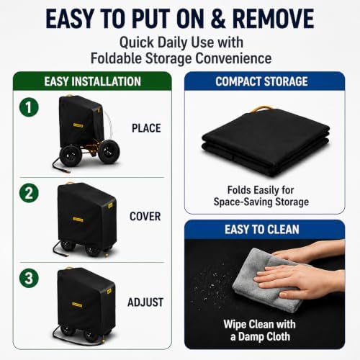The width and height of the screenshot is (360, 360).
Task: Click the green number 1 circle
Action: (29, 107)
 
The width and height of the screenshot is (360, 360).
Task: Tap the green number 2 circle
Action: (29, 193)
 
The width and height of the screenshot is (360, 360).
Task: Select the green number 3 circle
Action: (29, 278)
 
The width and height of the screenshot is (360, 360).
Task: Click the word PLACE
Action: (146, 128)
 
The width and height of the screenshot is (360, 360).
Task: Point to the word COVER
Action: (145, 216)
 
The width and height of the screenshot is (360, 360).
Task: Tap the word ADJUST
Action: (145, 302)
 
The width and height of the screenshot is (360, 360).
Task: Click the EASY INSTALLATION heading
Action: (92, 81)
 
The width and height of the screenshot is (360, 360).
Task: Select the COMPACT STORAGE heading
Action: (261, 81)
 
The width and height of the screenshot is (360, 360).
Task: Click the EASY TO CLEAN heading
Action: (262, 229)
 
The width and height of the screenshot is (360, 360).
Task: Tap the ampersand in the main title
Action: (218, 19)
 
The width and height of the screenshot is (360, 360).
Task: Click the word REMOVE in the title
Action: (273, 19)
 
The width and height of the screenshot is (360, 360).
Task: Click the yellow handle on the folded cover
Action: (260, 109)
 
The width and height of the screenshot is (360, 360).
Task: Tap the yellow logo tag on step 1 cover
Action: (78, 125)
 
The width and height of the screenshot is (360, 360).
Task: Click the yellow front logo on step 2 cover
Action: (78, 220)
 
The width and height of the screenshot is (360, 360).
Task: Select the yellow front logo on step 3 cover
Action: (77, 305)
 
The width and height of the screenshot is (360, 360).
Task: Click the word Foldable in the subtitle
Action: (116, 58)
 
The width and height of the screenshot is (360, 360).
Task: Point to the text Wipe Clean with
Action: (259, 324)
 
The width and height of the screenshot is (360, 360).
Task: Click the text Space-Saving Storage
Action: (261, 202)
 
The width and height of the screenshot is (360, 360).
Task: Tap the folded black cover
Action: (266, 142)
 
